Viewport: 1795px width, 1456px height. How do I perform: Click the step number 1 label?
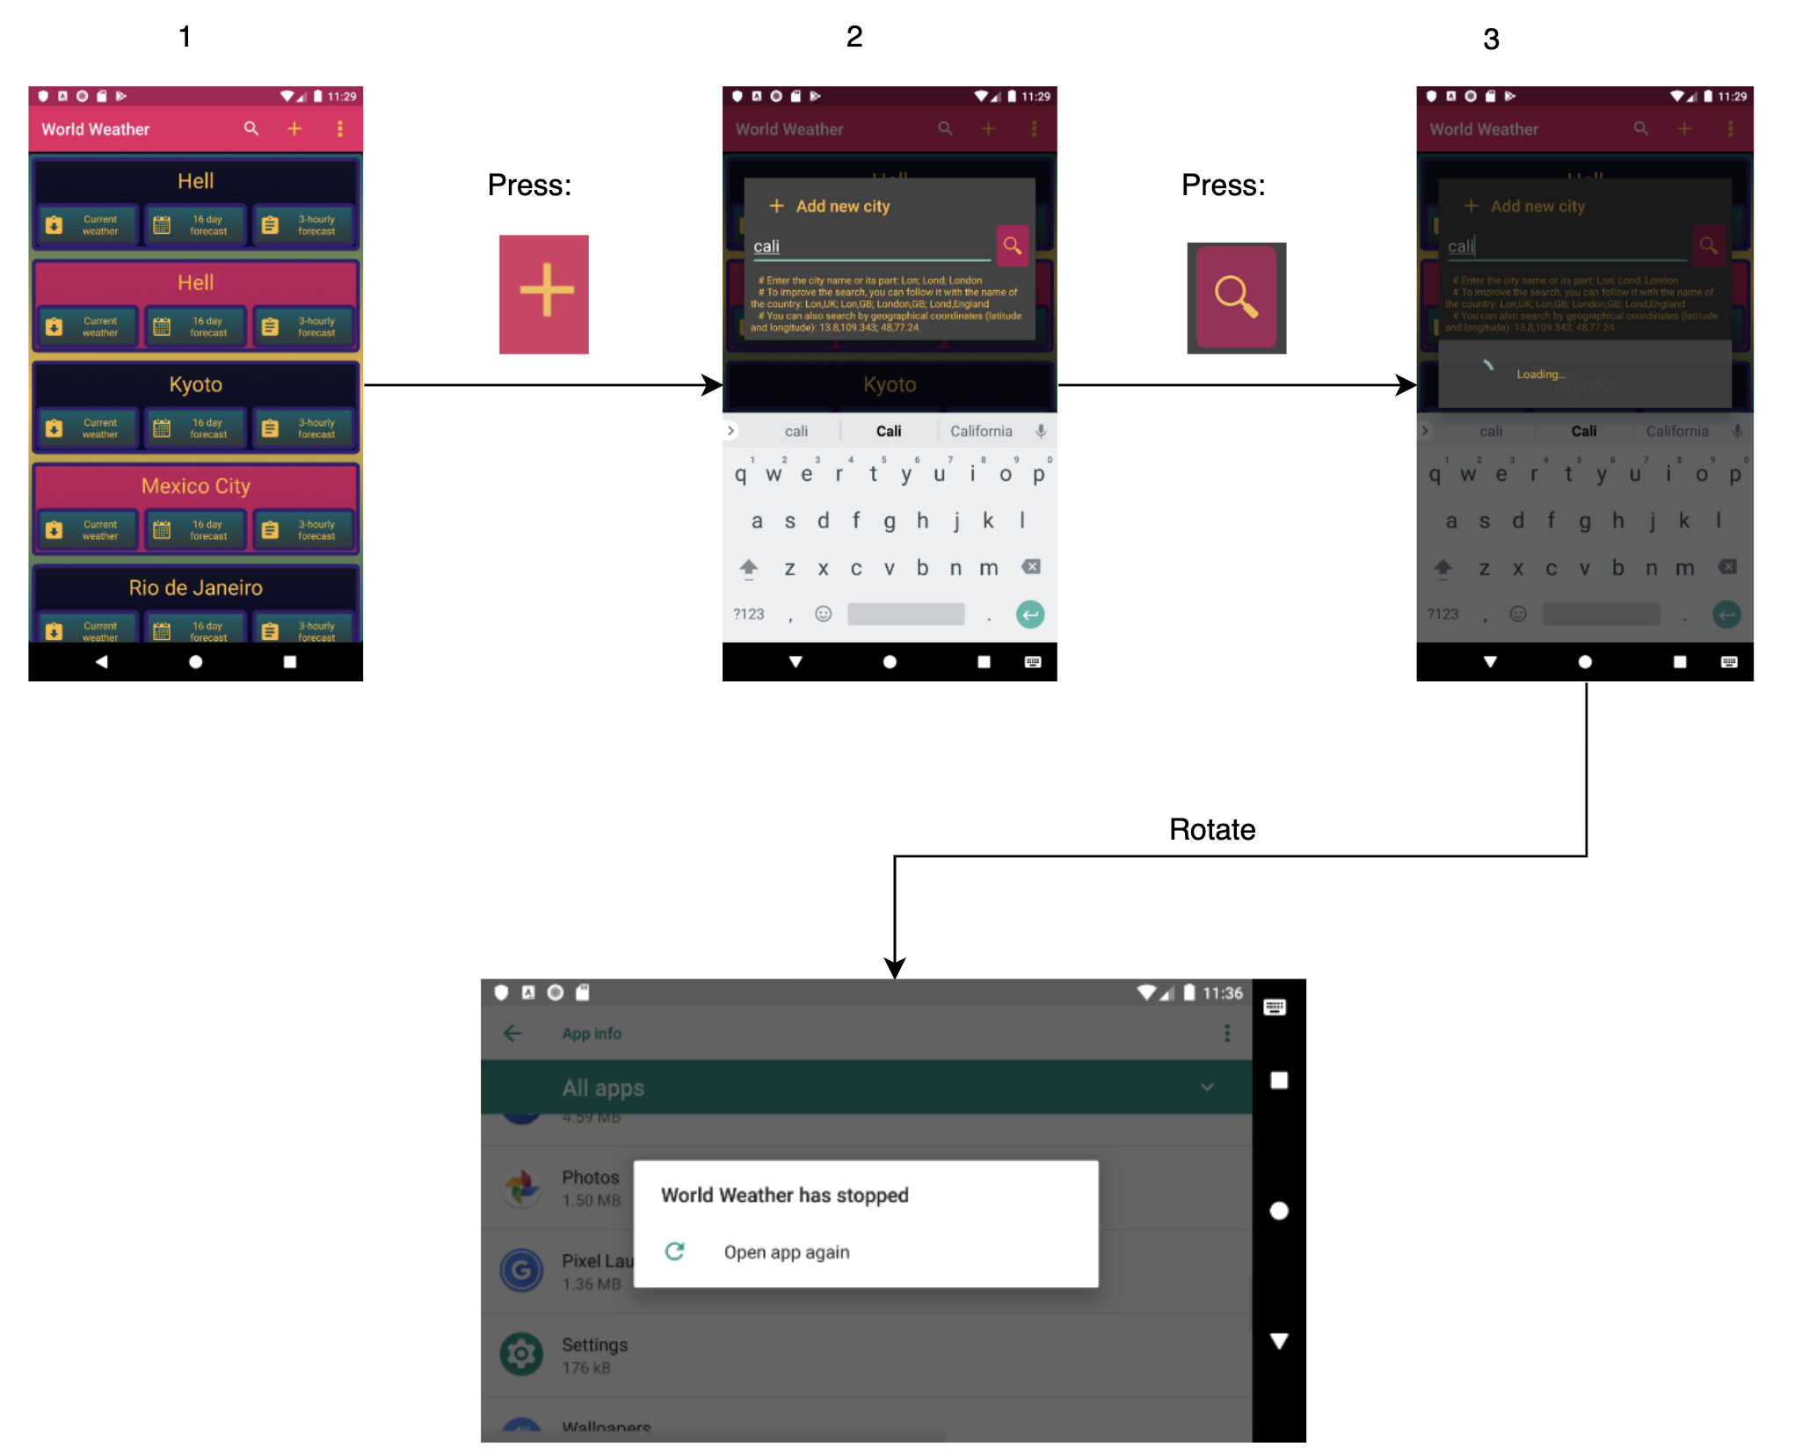(x=185, y=37)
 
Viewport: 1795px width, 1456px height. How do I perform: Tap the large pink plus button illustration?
(x=544, y=294)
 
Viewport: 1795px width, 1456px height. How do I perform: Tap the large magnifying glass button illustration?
(x=1236, y=297)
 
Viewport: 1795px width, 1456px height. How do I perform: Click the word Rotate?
(x=1211, y=829)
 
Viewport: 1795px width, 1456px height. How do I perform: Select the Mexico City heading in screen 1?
(x=195, y=486)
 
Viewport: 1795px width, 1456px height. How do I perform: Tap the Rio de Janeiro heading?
(x=195, y=587)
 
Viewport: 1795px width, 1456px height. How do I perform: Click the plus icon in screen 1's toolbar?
(x=294, y=129)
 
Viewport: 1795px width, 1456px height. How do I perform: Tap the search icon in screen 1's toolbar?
(x=251, y=129)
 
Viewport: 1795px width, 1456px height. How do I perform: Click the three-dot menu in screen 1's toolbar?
(x=339, y=129)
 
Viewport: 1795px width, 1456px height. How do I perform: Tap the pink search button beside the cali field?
(x=1012, y=245)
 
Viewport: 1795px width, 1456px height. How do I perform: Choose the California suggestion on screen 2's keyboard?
(x=981, y=431)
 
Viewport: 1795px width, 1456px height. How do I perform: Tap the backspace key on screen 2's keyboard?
(x=1031, y=567)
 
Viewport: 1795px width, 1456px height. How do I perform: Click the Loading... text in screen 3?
(x=1540, y=375)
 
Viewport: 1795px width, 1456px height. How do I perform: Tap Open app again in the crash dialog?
(x=786, y=1252)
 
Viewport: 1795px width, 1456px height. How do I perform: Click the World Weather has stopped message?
(x=784, y=1195)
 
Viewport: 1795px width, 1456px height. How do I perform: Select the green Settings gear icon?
(x=521, y=1354)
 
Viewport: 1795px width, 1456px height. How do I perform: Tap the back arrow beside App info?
(x=513, y=1033)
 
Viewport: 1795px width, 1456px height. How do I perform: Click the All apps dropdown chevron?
(x=1207, y=1088)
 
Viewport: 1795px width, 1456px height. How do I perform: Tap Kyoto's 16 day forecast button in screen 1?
(x=195, y=428)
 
